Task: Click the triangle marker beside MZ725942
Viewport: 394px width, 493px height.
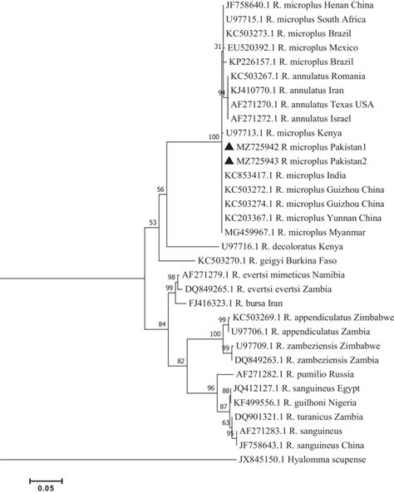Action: point(229,146)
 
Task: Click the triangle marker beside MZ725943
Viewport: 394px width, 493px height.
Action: point(229,160)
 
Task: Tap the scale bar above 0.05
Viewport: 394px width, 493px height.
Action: point(46,481)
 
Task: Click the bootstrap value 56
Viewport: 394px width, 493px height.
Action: point(160,190)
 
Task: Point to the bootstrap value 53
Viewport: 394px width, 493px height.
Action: point(152,223)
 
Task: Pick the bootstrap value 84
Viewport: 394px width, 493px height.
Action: point(161,324)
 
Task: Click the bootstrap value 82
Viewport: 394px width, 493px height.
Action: point(180,361)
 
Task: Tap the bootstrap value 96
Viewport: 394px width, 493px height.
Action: point(210,388)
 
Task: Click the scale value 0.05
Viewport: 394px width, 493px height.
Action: point(46,488)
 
